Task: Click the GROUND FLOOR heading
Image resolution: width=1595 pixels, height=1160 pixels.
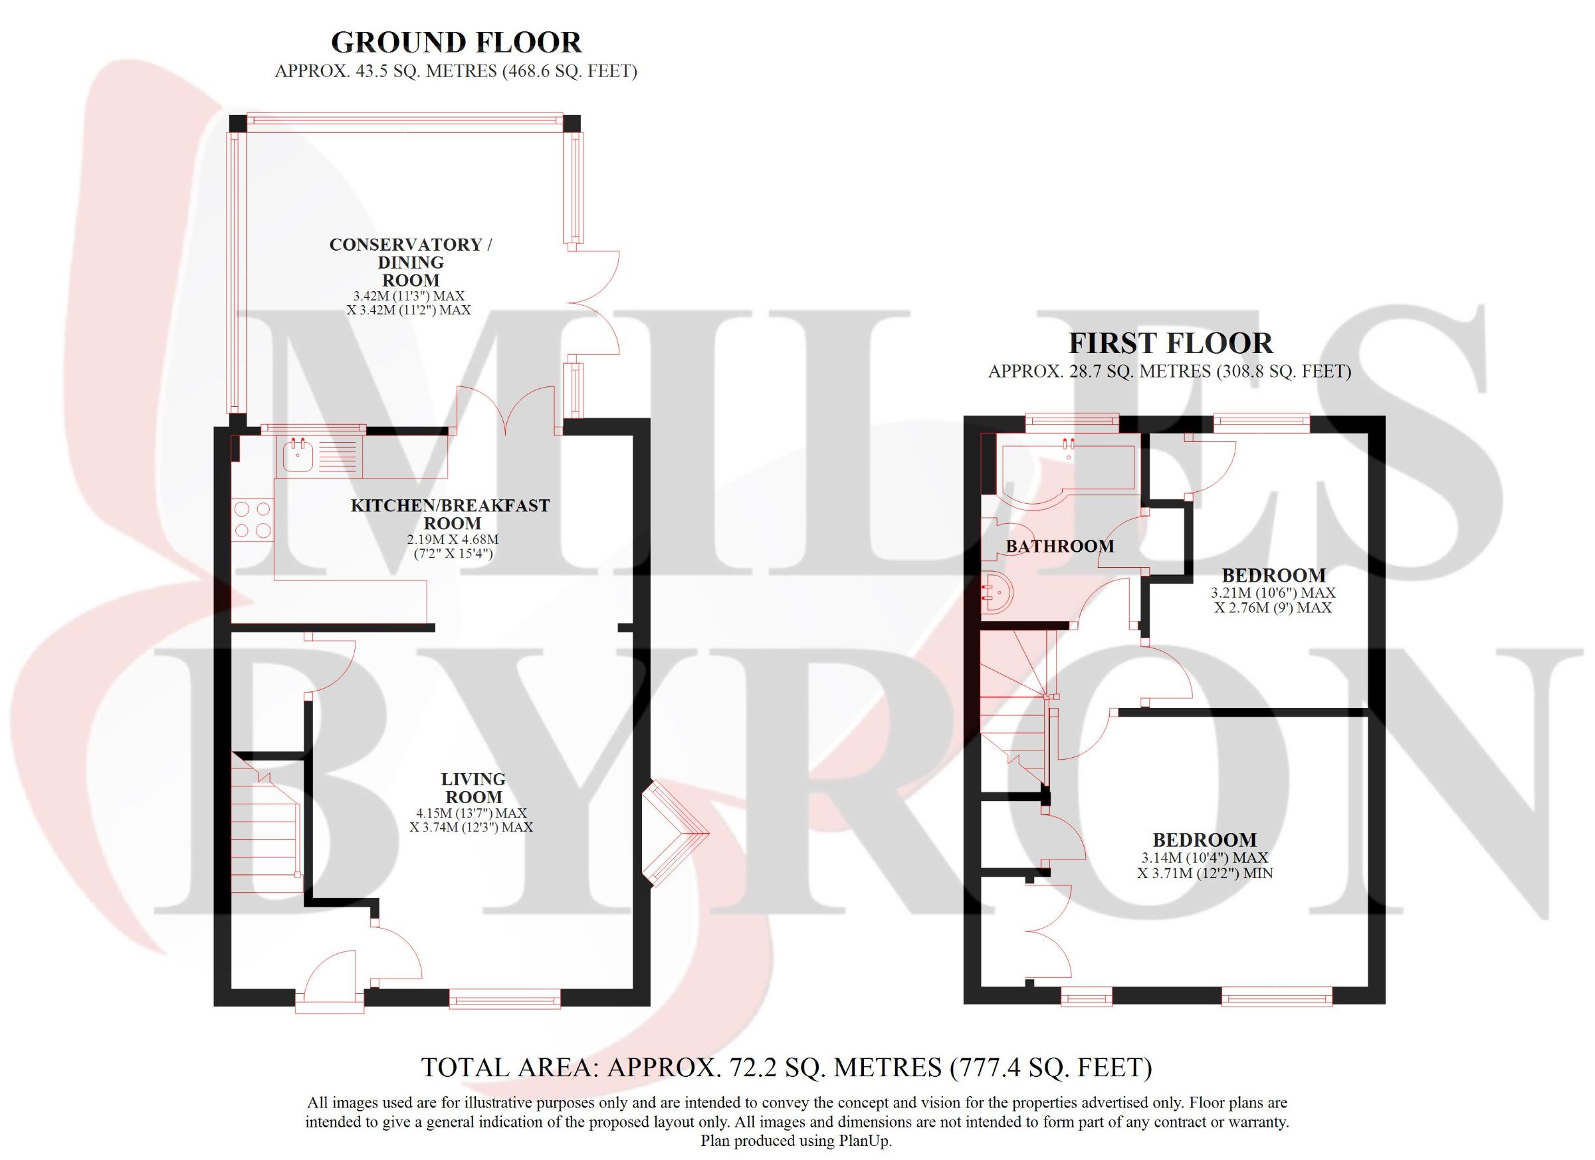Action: (456, 43)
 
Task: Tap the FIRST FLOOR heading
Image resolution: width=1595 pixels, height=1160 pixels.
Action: (1170, 343)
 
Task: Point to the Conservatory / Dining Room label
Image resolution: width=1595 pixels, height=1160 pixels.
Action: (411, 262)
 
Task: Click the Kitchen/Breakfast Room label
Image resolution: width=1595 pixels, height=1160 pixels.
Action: (450, 515)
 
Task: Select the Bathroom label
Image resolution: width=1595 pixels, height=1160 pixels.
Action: (1060, 546)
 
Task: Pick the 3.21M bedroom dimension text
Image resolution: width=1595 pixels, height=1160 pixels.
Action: (1273, 600)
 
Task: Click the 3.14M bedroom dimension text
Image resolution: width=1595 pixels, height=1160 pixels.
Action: (1205, 866)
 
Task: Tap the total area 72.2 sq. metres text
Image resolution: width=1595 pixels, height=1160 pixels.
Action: (786, 1067)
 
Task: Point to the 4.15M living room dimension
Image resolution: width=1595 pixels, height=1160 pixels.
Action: (471, 820)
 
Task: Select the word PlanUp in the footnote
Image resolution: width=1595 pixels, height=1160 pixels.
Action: (865, 1141)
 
